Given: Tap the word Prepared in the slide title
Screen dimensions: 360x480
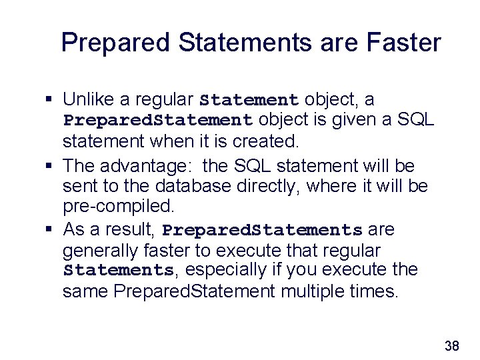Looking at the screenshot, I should click(117, 43).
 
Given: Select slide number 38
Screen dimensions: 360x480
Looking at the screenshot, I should click(451, 345).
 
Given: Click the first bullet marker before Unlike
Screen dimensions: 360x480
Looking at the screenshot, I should click(49, 100).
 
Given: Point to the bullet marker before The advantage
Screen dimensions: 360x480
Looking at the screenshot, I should click(49, 165).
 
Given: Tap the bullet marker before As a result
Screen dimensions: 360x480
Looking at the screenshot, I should click(49, 230).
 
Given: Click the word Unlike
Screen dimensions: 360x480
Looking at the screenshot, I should click(89, 100).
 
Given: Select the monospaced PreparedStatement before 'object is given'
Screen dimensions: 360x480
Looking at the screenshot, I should click(157, 121).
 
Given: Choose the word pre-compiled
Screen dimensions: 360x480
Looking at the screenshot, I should click(117, 207).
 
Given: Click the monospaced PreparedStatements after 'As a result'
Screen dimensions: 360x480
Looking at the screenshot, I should click(262, 231).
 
